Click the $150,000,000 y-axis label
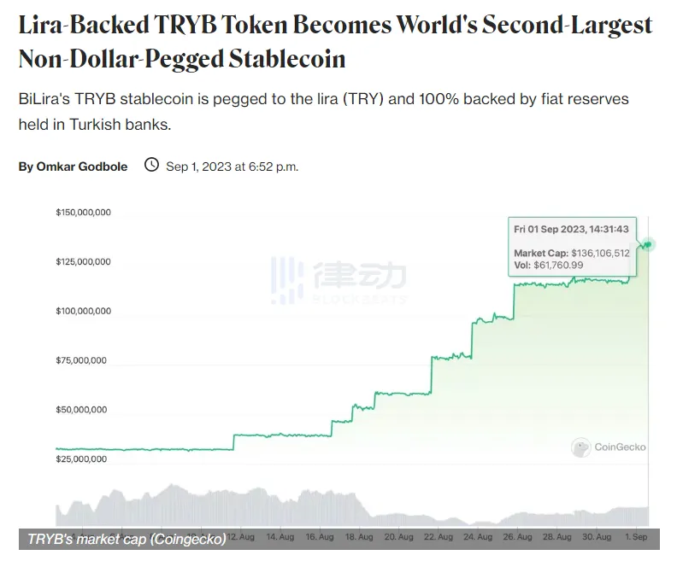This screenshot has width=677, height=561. (x=83, y=212)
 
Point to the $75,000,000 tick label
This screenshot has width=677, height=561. (x=83, y=360)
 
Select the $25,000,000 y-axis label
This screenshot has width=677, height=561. (x=83, y=459)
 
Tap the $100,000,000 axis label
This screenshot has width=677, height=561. (x=83, y=311)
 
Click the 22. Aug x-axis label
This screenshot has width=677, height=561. (x=437, y=538)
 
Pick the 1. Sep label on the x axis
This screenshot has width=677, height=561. (x=635, y=538)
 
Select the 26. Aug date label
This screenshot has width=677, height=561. (x=517, y=538)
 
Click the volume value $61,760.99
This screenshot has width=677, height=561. (x=561, y=266)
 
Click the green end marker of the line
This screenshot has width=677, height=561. (x=650, y=245)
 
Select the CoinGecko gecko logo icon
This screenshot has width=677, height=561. (x=581, y=447)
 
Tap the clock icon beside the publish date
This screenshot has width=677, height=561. (x=151, y=165)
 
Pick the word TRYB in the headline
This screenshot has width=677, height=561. (x=192, y=25)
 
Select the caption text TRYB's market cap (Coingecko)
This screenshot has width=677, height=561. (x=127, y=539)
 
